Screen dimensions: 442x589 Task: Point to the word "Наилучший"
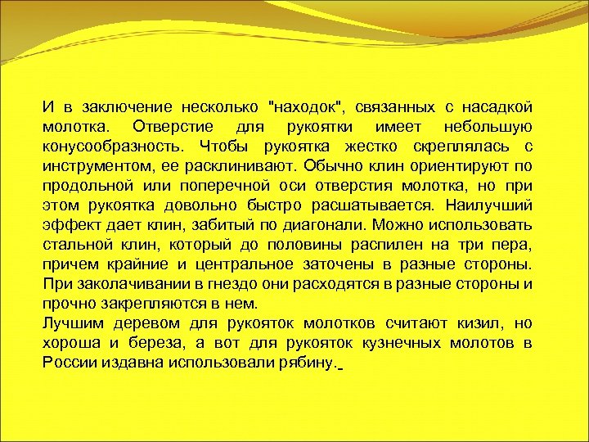tap(494, 205)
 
